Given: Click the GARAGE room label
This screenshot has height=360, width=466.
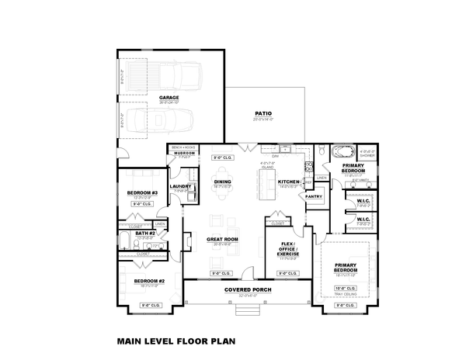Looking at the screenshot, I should [x=169, y=98].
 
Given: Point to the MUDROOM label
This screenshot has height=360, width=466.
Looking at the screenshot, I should [x=184, y=153].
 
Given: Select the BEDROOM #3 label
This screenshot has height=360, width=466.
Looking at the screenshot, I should [x=142, y=192].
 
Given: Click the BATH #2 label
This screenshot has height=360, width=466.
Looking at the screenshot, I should [x=146, y=233].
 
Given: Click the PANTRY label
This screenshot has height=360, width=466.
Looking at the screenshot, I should [x=314, y=197].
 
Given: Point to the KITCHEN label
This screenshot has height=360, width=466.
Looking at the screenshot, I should [x=288, y=182].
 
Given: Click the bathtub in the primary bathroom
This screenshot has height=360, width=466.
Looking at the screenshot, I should [x=341, y=151].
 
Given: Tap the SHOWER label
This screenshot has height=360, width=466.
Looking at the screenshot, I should [x=369, y=155].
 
